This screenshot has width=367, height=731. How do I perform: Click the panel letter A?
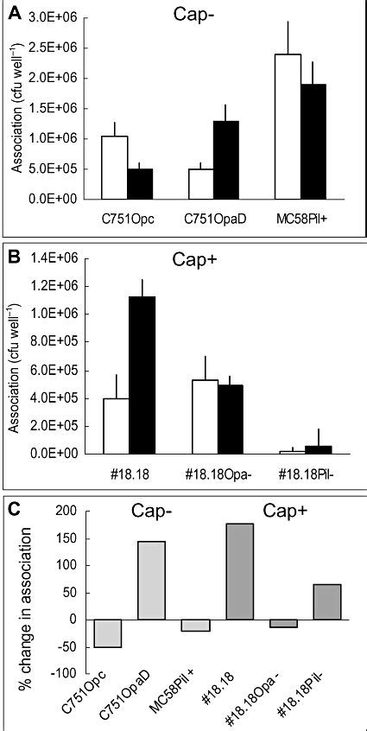pos(14,16)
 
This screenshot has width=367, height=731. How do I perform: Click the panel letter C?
pos(14,507)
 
